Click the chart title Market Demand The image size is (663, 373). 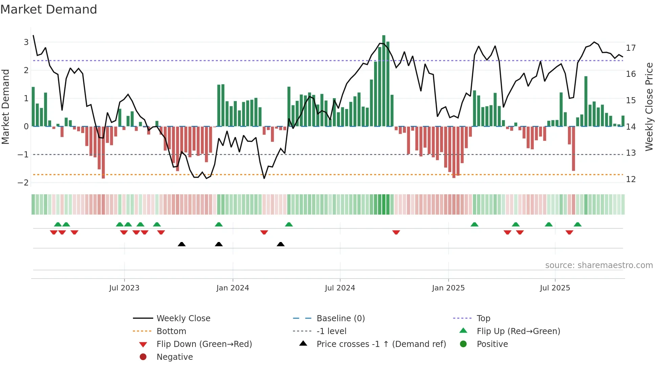point(49,9)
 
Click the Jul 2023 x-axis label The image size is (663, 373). point(124,288)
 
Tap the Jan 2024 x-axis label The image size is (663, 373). point(233,288)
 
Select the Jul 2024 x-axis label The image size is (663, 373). point(340,288)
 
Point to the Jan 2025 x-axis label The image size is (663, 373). point(448,288)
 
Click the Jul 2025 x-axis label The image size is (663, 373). point(555,288)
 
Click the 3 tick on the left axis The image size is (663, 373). point(26,42)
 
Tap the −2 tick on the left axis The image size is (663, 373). point(23,183)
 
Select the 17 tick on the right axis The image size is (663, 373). point(631,48)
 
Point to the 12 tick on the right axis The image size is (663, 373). point(631,179)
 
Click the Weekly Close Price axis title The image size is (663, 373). point(649,107)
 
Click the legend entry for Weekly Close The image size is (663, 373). point(183,319)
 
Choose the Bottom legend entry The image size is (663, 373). point(171,331)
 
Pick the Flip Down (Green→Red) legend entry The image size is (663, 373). point(204,344)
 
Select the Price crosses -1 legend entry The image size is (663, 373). point(381,344)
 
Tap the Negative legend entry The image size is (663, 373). point(175,357)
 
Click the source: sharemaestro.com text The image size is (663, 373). point(599,265)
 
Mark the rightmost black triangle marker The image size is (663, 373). point(280,244)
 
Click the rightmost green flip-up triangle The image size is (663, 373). point(578,224)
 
